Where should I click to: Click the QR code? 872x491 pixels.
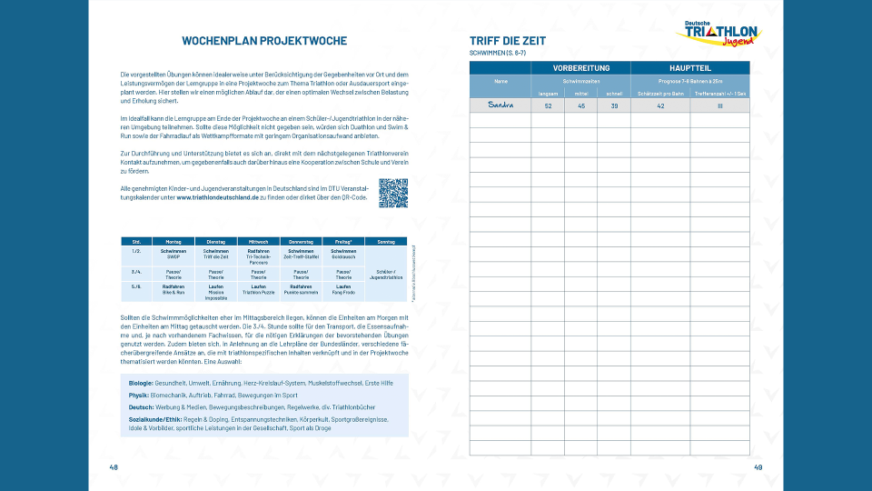tap(392, 193)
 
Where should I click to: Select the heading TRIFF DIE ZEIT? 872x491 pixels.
tap(509, 41)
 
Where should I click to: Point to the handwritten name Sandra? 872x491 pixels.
tap(500, 105)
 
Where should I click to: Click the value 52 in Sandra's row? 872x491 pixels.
tap(548, 106)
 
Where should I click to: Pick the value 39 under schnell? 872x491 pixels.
tap(614, 106)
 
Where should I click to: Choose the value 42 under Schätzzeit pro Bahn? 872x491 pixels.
tap(660, 106)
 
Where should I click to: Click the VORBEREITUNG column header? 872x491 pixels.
tap(580, 68)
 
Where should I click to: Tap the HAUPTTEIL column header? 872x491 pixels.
tap(690, 68)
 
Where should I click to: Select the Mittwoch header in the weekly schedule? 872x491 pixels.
tap(259, 241)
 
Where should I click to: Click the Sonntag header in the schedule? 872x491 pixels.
tap(386, 241)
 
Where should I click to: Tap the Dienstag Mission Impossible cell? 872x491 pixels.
tap(216, 292)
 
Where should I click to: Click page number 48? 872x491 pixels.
tap(114, 467)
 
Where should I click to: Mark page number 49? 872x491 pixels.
tap(758, 467)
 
